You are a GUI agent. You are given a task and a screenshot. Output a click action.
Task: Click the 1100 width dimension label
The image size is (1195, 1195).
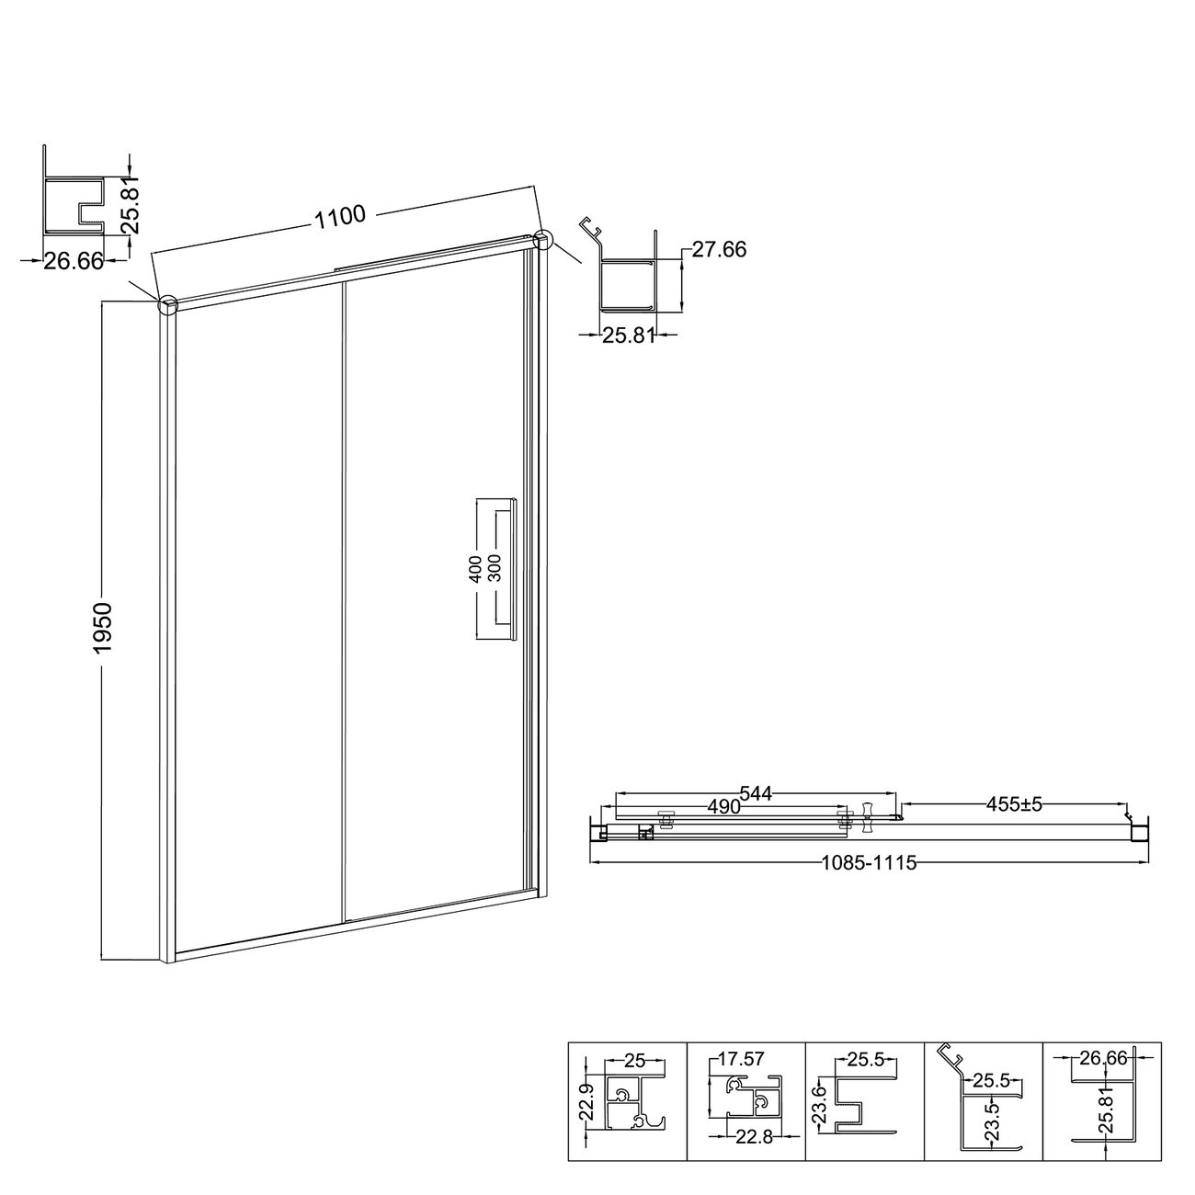pos(340,217)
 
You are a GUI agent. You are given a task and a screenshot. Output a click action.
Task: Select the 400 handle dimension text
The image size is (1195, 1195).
pos(475,569)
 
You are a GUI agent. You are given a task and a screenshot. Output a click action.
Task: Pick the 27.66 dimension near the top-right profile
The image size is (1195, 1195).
pos(719,250)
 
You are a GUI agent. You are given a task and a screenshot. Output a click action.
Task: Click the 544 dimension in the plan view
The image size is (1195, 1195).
pos(755,793)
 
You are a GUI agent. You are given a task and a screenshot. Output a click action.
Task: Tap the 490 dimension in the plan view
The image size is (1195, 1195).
pos(723,806)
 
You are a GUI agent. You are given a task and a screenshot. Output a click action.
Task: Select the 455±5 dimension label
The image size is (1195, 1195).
pos(1015,805)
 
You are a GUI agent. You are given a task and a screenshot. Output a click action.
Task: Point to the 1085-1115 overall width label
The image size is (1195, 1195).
pos(869,863)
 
